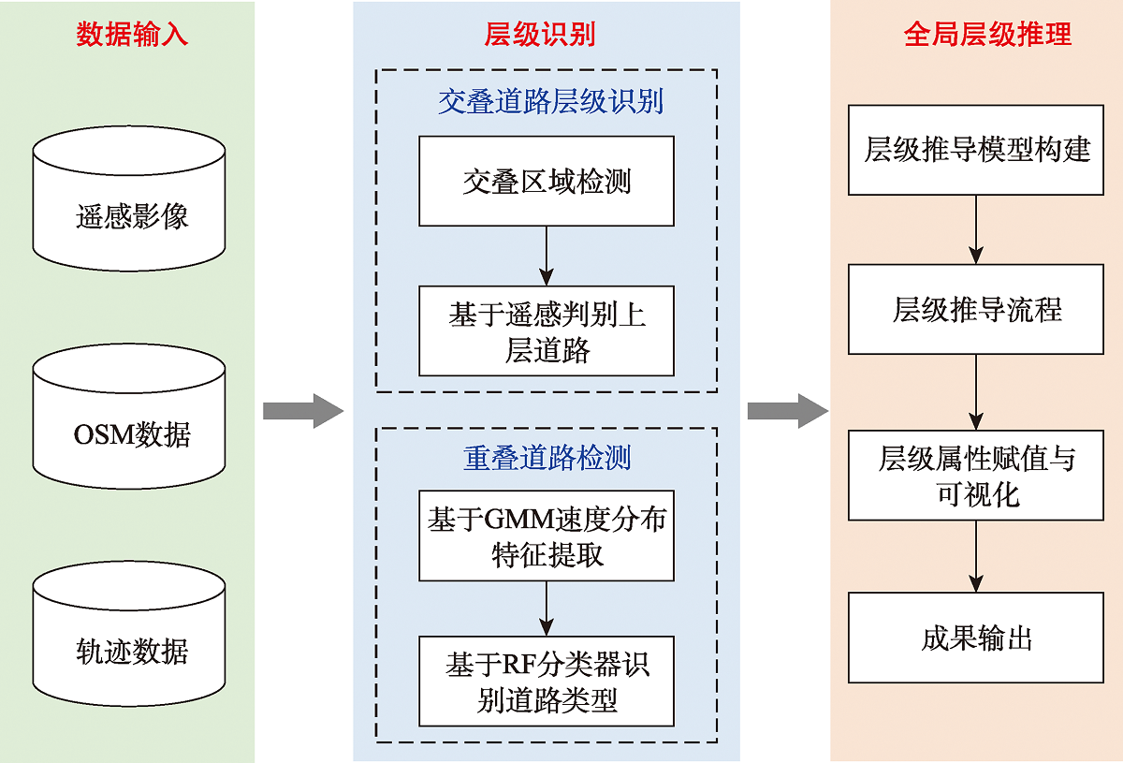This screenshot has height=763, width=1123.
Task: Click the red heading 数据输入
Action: pyautogui.click(x=132, y=36)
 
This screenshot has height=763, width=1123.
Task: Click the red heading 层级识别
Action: pyautogui.click(x=540, y=36)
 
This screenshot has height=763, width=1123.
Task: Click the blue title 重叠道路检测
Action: pyautogui.click(x=547, y=458)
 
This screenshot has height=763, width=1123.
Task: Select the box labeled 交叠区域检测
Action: pyautogui.click(x=547, y=181)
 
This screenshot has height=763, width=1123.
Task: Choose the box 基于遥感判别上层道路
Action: pyautogui.click(x=547, y=331)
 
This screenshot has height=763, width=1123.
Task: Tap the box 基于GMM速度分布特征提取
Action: pyautogui.click(x=547, y=536)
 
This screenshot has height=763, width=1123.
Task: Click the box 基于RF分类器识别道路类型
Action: pyautogui.click(x=547, y=682)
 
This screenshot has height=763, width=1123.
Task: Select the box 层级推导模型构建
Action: pyautogui.click(x=976, y=150)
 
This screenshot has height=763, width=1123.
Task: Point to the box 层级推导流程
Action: pyautogui.click(x=976, y=309)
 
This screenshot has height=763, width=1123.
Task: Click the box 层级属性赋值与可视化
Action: pyautogui.click(x=976, y=476)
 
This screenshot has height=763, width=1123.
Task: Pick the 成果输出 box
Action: pyautogui.click(x=976, y=638)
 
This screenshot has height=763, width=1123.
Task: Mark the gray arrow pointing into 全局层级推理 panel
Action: pyautogui.click(x=787, y=411)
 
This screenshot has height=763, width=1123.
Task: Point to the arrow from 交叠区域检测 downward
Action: pyautogui.click(x=547, y=256)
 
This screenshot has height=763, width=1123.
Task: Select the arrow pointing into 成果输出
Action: pyautogui.click(x=976, y=556)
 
